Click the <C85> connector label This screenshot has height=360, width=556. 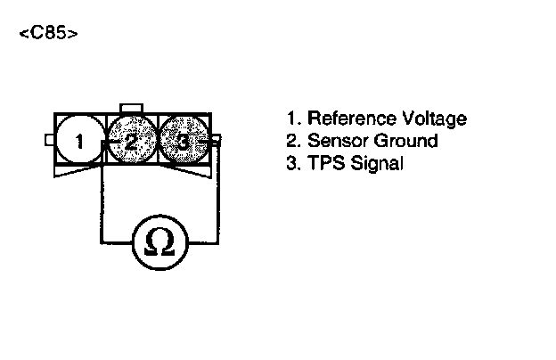click(x=47, y=35)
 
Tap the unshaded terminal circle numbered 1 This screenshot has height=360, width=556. click(x=79, y=140)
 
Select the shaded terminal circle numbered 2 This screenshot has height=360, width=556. click(x=131, y=140)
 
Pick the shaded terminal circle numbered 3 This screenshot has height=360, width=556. click(x=183, y=140)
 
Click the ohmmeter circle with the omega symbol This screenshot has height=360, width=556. click(x=159, y=241)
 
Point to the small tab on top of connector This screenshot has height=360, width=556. click(x=132, y=108)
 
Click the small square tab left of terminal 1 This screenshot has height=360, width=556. click(x=49, y=140)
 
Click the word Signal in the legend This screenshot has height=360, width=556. click(x=377, y=164)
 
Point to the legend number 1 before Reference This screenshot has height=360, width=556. click(x=291, y=119)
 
